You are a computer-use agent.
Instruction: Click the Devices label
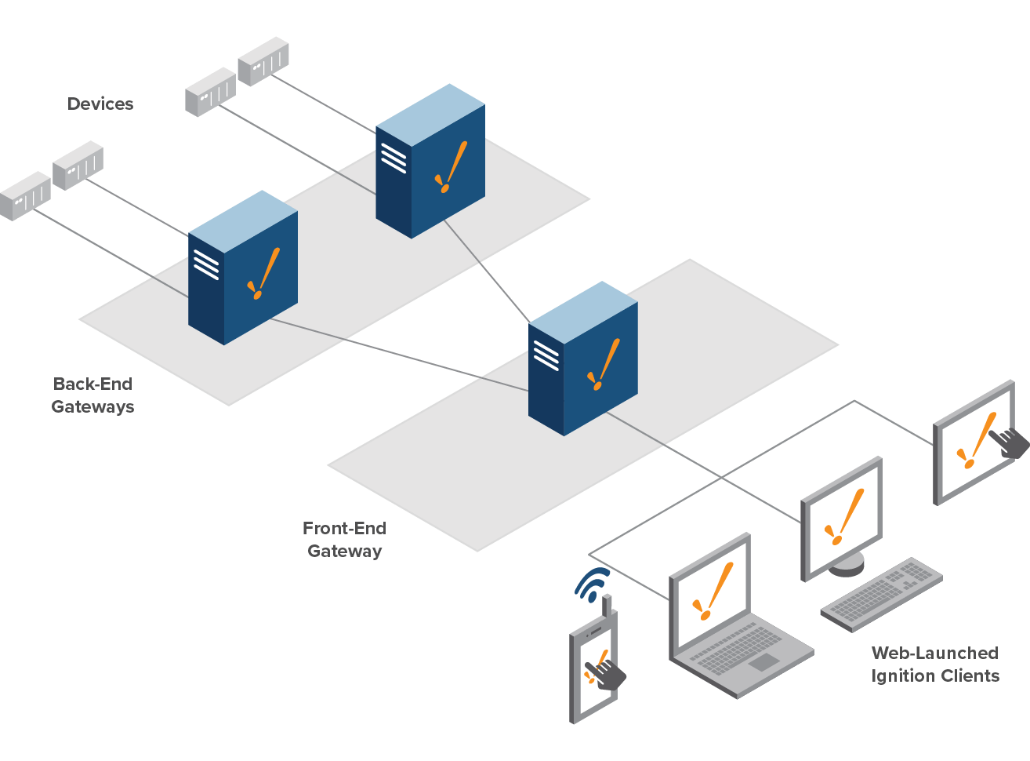100,104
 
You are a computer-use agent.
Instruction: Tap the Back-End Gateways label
92,395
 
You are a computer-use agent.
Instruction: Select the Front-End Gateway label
344,540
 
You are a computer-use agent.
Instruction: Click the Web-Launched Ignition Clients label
935,665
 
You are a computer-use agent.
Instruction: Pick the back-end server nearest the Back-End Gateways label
242,268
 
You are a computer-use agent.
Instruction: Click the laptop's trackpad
763,663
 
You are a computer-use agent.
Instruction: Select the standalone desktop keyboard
882,593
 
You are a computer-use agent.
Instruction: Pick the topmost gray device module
263,61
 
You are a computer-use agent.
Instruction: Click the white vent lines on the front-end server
546,355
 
